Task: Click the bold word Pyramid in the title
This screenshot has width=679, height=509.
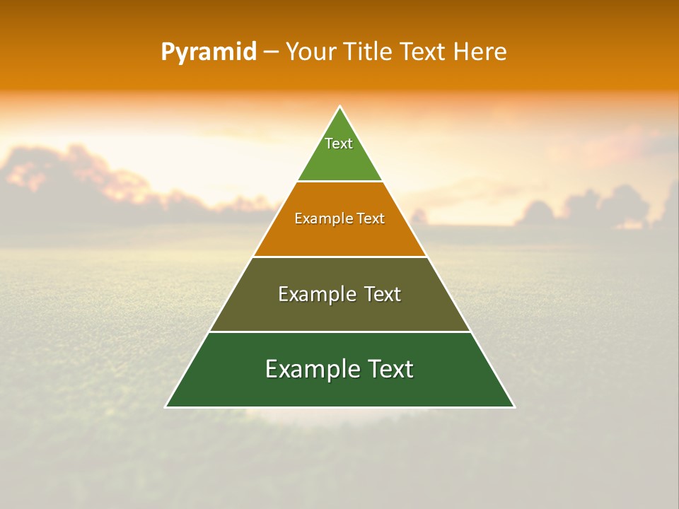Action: click(209, 52)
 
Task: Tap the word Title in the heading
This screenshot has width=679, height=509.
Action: click(368, 52)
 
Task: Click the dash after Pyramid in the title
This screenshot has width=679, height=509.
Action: click(271, 52)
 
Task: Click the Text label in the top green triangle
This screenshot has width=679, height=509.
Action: click(339, 144)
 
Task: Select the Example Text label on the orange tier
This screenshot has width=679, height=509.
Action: click(339, 218)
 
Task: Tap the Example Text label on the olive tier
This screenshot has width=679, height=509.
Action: click(339, 294)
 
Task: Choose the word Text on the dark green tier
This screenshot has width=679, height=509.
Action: click(388, 369)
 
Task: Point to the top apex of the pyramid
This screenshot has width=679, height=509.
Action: click(340, 107)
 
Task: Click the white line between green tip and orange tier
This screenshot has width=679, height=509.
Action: click(339, 182)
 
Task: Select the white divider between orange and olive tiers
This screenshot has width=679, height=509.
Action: click(339, 257)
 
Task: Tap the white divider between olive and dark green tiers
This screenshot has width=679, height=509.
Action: click(339, 332)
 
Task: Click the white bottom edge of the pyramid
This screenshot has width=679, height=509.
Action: click(339, 407)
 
